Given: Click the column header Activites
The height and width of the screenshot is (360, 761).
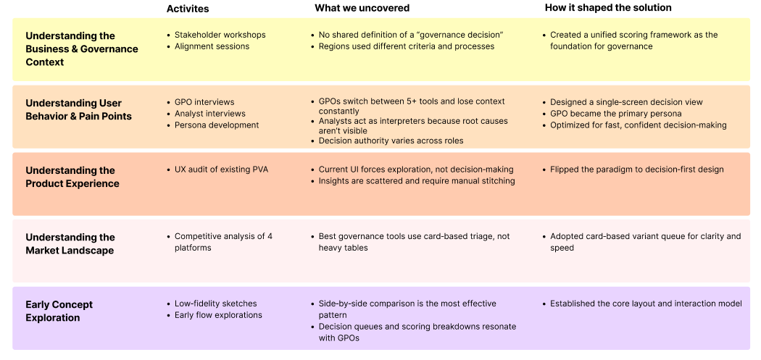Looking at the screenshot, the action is (x=188, y=9).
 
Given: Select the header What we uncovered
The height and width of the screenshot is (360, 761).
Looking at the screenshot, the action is (x=362, y=8).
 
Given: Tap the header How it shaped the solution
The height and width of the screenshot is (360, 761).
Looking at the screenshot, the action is (x=608, y=8).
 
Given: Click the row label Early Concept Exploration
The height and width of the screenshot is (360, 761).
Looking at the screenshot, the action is (x=59, y=311).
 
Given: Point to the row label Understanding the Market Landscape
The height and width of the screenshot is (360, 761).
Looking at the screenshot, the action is (x=70, y=243).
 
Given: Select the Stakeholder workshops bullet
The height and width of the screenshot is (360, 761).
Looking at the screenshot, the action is (x=220, y=35).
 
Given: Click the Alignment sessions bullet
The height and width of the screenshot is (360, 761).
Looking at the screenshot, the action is (x=212, y=46).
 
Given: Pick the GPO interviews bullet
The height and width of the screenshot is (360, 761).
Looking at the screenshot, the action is (x=204, y=102).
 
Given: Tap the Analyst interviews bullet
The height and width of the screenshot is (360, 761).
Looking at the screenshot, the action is (x=209, y=114).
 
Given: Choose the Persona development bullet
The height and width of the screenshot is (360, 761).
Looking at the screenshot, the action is (x=217, y=125).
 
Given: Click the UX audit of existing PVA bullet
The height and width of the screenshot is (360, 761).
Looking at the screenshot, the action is (x=221, y=169).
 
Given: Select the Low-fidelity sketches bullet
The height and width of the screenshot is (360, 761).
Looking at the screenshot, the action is (x=215, y=304).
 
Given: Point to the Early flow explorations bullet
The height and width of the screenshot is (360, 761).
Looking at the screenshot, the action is (x=218, y=315).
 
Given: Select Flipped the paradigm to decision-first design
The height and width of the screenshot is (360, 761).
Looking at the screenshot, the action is (x=636, y=169).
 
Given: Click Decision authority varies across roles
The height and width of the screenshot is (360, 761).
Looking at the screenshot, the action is (x=391, y=141).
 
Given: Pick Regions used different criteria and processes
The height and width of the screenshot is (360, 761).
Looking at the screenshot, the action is (x=407, y=46).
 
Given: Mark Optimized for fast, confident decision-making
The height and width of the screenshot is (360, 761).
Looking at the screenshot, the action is (x=638, y=125).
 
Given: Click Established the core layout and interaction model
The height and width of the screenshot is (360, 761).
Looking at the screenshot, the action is (x=646, y=304).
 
